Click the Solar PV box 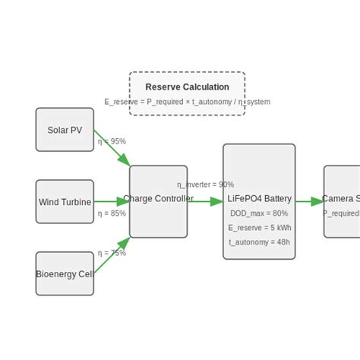coord(65,130)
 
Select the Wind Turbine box coord(65,202)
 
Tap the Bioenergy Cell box coord(65,273)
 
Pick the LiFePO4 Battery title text coord(259,199)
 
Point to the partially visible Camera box coord(342,201)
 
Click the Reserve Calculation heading coord(187,87)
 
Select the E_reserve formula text coord(187,102)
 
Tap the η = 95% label coord(112,141)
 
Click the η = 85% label coord(112,213)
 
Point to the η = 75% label coord(112,253)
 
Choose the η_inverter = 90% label coord(205,185)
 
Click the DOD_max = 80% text coord(259,213)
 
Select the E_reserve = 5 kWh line coord(259,228)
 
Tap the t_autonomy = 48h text coord(259,242)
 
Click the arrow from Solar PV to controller coord(112,148)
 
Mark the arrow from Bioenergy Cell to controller coord(112,256)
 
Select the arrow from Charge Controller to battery coord(205,201)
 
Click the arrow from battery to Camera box coord(309,201)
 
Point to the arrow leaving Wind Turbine coord(112,202)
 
